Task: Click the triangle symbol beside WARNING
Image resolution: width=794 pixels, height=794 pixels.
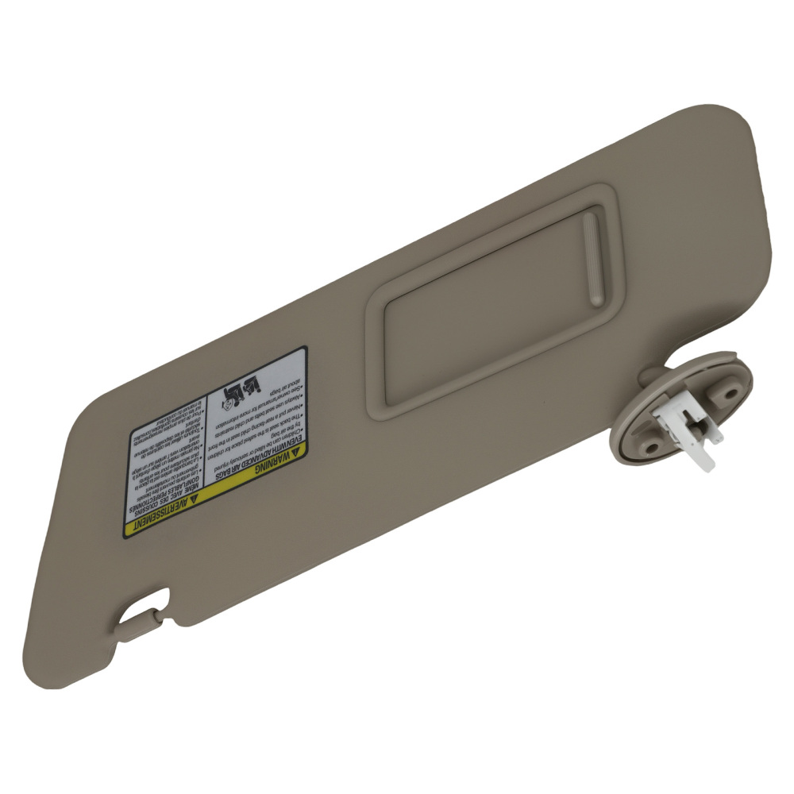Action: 297,450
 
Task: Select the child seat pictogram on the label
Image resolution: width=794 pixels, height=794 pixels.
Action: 242,388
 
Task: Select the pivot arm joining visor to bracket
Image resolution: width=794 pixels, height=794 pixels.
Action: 653,374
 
